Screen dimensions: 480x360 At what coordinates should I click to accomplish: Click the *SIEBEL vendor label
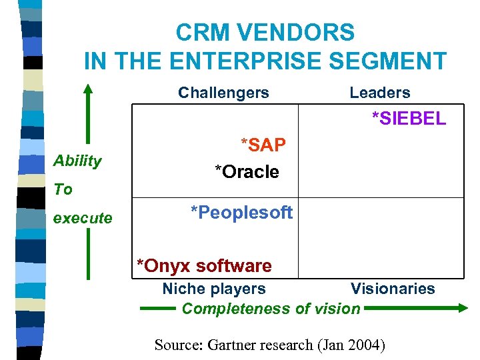coord(409,119)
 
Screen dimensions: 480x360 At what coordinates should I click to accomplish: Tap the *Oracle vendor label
coord(247,172)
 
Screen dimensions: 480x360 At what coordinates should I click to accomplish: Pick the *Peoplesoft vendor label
coord(241,213)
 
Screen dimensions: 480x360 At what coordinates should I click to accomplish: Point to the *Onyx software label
coord(204,266)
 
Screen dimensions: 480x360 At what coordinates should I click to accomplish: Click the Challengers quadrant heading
coord(223,93)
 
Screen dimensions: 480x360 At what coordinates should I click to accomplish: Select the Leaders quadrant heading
coord(380,93)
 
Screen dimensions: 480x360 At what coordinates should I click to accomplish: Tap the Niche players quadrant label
coord(214,289)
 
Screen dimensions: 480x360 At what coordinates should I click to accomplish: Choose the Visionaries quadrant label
coord(393,289)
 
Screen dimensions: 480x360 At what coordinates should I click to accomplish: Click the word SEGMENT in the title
coord(393,61)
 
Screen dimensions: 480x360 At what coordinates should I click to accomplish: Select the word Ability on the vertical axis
coord(77,161)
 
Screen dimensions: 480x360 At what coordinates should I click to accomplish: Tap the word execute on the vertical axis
coord(83,218)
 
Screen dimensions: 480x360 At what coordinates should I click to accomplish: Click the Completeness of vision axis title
coord(271,309)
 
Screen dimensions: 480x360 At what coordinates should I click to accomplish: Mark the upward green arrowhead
coord(87,89)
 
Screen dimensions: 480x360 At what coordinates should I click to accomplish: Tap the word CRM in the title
coord(200,32)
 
